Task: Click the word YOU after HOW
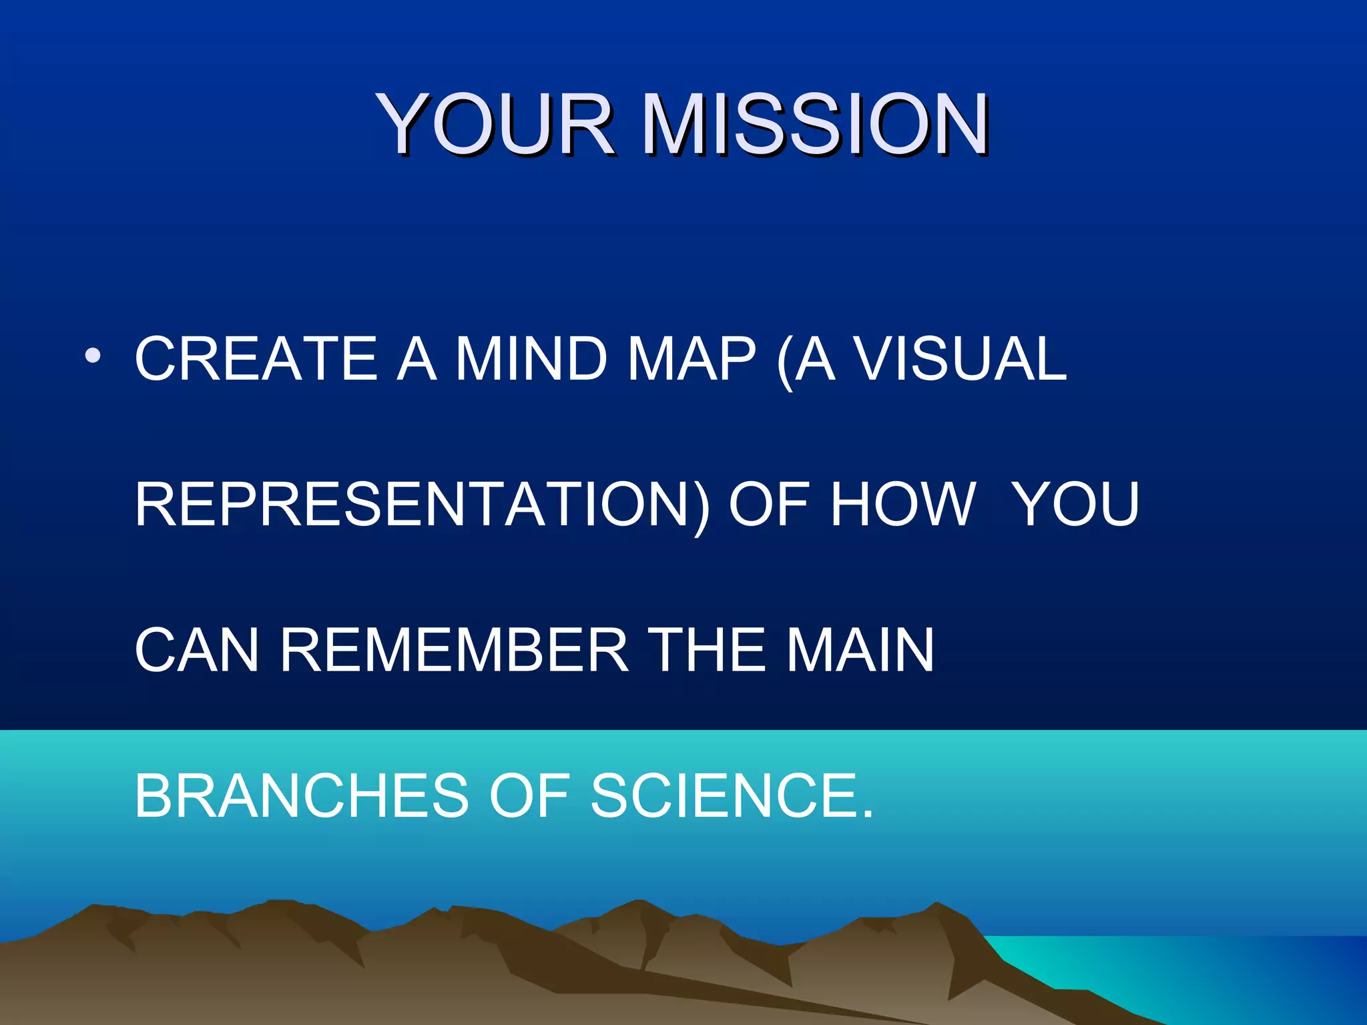coord(1076,504)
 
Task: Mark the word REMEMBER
coord(454,650)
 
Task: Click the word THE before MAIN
coord(708,650)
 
